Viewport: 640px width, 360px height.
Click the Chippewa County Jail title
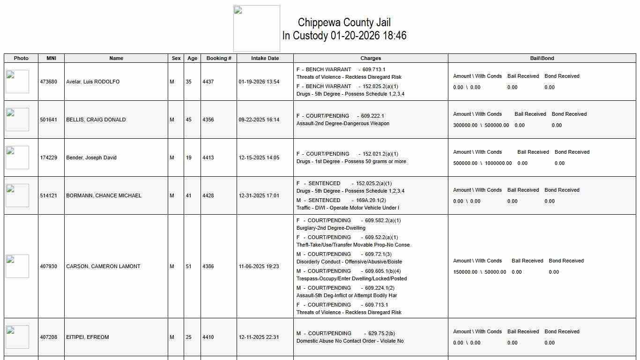(x=344, y=22)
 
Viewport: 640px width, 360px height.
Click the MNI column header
(x=51, y=59)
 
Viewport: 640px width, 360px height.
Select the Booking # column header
(x=219, y=59)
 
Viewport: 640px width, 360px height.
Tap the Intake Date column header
(x=265, y=59)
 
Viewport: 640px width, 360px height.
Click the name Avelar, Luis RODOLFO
(x=93, y=82)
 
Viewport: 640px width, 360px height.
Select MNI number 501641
(x=49, y=120)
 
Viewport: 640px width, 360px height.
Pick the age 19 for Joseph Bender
(x=189, y=158)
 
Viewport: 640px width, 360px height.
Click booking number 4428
(x=208, y=196)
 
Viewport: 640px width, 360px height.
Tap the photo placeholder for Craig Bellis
(x=17, y=120)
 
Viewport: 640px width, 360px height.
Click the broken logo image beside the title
(x=257, y=29)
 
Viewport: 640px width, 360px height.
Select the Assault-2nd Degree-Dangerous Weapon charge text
(x=343, y=124)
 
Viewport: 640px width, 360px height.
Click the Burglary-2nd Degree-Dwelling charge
(x=331, y=228)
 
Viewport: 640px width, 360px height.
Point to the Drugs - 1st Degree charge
(x=351, y=162)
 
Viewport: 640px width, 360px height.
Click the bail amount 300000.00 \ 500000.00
(x=481, y=126)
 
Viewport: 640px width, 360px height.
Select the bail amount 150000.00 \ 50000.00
(x=479, y=272)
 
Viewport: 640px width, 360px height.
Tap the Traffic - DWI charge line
(x=348, y=208)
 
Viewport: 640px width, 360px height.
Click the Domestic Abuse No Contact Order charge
(x=350, y=341)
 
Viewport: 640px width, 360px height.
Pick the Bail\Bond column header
(x=542, y=59)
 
